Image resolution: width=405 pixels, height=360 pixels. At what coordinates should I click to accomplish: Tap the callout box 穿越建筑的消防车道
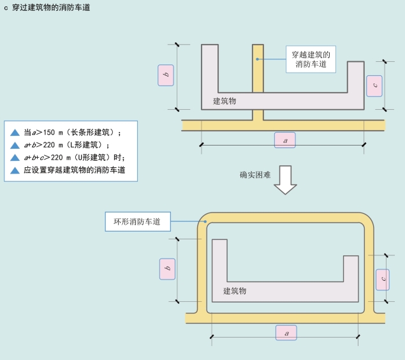coord(311,59)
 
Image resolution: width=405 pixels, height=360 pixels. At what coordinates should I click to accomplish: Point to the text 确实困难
coord(256,174)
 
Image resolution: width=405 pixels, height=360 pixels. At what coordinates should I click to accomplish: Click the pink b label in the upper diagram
coord(166,76)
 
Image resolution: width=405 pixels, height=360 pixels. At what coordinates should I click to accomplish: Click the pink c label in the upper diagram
coord(375,84)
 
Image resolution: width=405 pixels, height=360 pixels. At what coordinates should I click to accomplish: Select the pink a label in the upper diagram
coord(285,140)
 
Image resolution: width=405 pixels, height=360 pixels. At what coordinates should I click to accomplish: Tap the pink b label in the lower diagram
coord(167,270)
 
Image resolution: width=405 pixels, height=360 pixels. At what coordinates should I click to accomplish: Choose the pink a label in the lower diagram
coord(286,332)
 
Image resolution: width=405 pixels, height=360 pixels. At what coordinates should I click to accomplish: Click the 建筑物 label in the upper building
coord(225,101)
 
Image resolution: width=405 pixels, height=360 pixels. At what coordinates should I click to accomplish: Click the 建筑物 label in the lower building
coord(235,291)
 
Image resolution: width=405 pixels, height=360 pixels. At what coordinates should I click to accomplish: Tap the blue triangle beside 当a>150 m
coord(15,133)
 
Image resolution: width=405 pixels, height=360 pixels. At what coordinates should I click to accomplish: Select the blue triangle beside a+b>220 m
coord(15,146)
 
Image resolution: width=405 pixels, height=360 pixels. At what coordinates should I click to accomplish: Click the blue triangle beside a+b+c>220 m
coord(15,158)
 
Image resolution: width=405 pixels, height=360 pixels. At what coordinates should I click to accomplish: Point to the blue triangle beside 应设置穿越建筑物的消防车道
coord(15,170)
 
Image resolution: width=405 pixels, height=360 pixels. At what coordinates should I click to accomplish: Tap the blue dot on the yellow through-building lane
coord(258,59)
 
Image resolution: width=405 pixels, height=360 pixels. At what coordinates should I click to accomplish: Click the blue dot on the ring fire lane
coord(205,222)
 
